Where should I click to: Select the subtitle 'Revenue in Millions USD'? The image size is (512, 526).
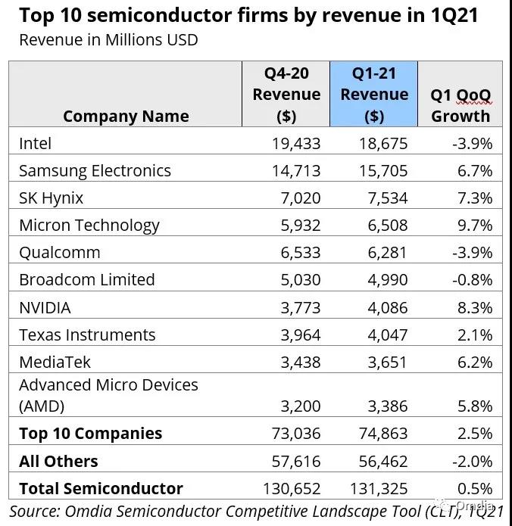[x=108, y=39]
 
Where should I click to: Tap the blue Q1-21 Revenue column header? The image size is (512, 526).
[x=373, y=95]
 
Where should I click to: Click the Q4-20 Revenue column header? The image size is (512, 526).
[x=286, y=95]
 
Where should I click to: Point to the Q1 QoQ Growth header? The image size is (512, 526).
[x=460, y=105]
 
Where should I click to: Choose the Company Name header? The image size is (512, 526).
[x=126, y=116]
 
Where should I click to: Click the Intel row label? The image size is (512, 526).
[x=36, y=143]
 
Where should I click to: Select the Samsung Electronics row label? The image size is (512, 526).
[x=95, y=170]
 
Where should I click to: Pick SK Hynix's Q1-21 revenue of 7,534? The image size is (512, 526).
[x=384, y=198]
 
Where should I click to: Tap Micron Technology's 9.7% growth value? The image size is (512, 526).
[x=475, y=225]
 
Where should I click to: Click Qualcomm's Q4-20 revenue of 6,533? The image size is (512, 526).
[x=296, y=252]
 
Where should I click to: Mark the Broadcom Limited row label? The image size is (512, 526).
[x=86, y=279]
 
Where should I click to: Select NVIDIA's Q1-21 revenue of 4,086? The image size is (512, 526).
[x=384, y=307]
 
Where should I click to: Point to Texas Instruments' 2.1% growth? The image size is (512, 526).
[x=475, y=335]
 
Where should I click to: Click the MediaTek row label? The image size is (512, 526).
[x=55, y=362]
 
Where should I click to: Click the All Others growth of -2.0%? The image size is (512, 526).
[x=472, y=461]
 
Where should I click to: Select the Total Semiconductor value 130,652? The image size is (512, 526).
[x=291, y=488]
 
